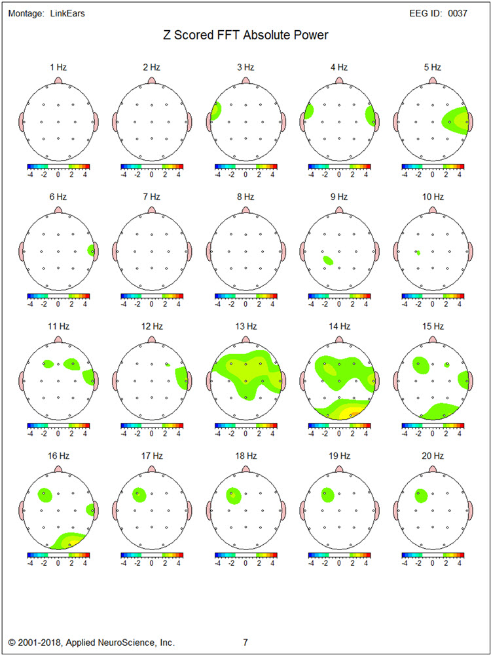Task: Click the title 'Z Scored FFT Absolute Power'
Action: point(245,35)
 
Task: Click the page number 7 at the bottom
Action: point(245,643)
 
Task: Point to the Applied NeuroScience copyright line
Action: point(92,643)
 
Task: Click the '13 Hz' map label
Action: point(245,325)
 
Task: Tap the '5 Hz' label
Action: point(432,67)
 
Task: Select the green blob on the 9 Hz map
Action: point(328,260)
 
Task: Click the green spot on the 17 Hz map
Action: point(139,495)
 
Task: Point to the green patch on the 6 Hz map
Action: point(91,250)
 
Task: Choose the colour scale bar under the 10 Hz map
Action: point(432,296)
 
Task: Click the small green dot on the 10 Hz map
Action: point(418,252)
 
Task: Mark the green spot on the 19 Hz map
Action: point(326,496)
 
